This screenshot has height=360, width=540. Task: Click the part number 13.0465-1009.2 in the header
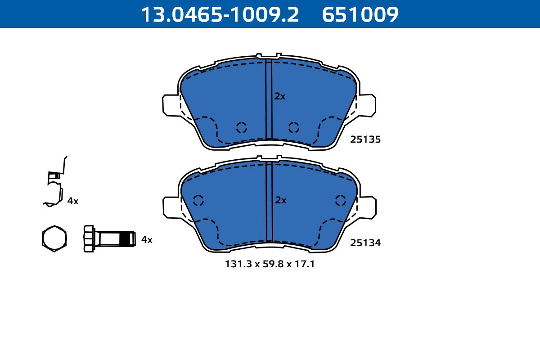[220, 14]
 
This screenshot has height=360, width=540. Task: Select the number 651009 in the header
[360, 14]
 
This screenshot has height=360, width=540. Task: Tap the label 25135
[365, 139]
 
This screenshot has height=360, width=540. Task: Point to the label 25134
[365, 243]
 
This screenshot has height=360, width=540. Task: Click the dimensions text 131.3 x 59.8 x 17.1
[270, 264]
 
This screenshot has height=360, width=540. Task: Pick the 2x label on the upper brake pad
[280, 96]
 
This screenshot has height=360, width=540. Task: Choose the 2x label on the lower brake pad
[280, 200]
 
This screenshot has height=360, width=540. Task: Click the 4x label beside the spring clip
[73, 201]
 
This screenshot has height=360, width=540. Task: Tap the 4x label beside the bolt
[147, 240]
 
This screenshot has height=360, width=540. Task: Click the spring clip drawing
[55, 184]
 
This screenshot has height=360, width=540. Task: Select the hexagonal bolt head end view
[54, 238]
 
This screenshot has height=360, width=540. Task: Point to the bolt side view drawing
[109, 238]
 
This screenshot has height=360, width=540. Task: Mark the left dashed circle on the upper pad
[242, 127]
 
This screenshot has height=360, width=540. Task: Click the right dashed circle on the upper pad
[294, 127]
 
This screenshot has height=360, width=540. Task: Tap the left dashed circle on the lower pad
[198, 201]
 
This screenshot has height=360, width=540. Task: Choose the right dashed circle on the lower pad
[341, 201]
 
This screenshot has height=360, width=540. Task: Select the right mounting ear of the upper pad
[367, 105]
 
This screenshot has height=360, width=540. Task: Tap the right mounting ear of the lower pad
[367, 207]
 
